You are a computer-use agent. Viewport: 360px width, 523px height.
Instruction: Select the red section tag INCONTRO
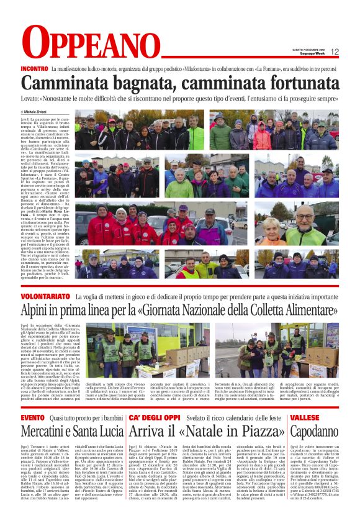coord(34,68)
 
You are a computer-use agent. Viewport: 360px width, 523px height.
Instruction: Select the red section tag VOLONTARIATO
coord(45,296)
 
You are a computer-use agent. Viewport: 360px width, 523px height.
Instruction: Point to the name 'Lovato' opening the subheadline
coord(29,98)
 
